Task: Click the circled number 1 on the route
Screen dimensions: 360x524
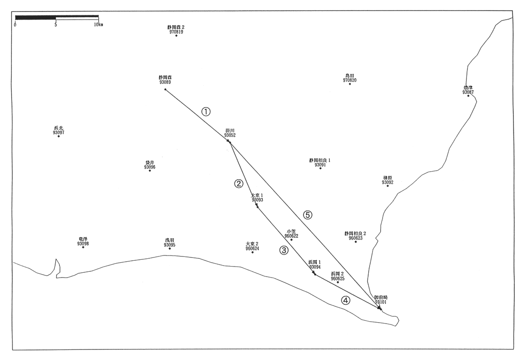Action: pos(206,112)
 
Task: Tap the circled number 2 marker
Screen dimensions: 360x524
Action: pos(238,184)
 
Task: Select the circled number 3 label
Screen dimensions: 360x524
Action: pos(284,250)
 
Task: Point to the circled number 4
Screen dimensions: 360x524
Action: pos(346,301)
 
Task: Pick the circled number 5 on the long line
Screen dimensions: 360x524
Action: pos(308,215)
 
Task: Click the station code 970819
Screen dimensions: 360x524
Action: pos(176,32)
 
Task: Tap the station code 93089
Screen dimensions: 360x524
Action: pos(165,82)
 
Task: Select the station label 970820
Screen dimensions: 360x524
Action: pos(349,80)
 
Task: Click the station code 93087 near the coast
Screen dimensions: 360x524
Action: pos(468,92)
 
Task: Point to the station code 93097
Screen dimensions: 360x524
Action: pos(59,132)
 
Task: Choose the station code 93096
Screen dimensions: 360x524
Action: pos(150,167)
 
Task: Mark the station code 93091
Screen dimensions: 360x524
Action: pos(320,164)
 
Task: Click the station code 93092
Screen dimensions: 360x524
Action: pos(387,182)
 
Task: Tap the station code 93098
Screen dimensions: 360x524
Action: pos(83,244)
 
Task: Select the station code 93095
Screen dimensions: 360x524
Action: pos(170,245)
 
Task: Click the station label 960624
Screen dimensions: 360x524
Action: pos(252,248)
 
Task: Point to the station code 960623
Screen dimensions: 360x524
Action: pos(355,238)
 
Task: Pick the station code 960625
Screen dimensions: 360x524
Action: pos(338,278)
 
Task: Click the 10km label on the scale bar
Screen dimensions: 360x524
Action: pos(98,24)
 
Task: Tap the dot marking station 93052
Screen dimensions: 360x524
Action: pos(230,141)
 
